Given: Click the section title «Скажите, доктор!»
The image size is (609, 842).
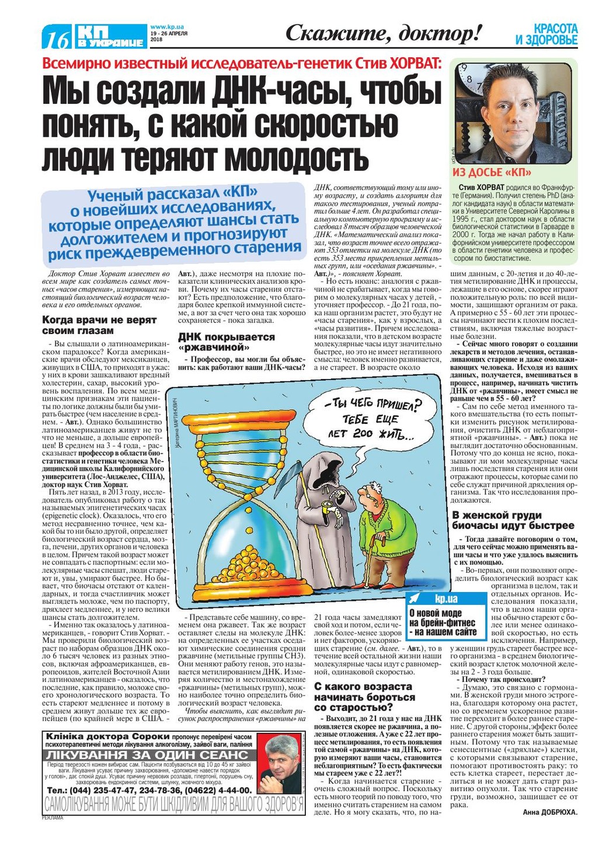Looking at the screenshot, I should [384, 34].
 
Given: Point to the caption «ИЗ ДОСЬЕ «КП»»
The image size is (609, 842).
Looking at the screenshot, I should [492, 172].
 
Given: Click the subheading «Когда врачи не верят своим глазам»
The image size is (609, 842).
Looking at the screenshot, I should [99, 325].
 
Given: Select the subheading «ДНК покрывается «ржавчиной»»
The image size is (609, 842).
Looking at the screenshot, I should [227, 342].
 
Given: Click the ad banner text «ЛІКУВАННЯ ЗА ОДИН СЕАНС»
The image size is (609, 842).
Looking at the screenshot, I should [149, 755].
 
